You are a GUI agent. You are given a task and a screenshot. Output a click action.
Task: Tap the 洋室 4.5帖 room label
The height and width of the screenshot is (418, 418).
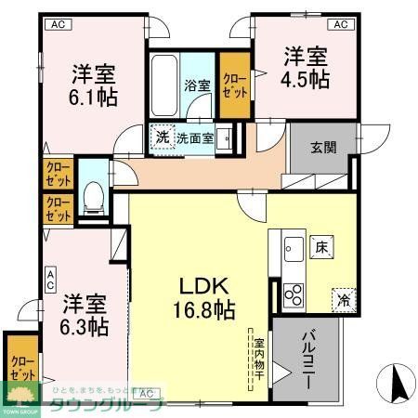pyautogui.click(x=305, y=67)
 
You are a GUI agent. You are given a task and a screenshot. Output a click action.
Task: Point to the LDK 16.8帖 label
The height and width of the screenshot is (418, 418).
pyautogui.click(x=201, y=295)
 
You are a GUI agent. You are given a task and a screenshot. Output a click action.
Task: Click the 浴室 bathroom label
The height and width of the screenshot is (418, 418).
pyautogui.click(x=198, y=85)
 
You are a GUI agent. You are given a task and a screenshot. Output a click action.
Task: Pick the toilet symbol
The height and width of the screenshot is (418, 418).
pyautogui.click(x=93, y=198)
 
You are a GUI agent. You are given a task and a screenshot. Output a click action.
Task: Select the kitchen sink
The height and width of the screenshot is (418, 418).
pyautogui.click(x=291, y=248)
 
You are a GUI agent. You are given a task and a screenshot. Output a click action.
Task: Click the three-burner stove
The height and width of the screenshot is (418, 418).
pyautogui.click(x=293, y=295)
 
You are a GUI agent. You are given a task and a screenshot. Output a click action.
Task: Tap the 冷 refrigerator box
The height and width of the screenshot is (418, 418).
pyautogui.click(x=342, y=298)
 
